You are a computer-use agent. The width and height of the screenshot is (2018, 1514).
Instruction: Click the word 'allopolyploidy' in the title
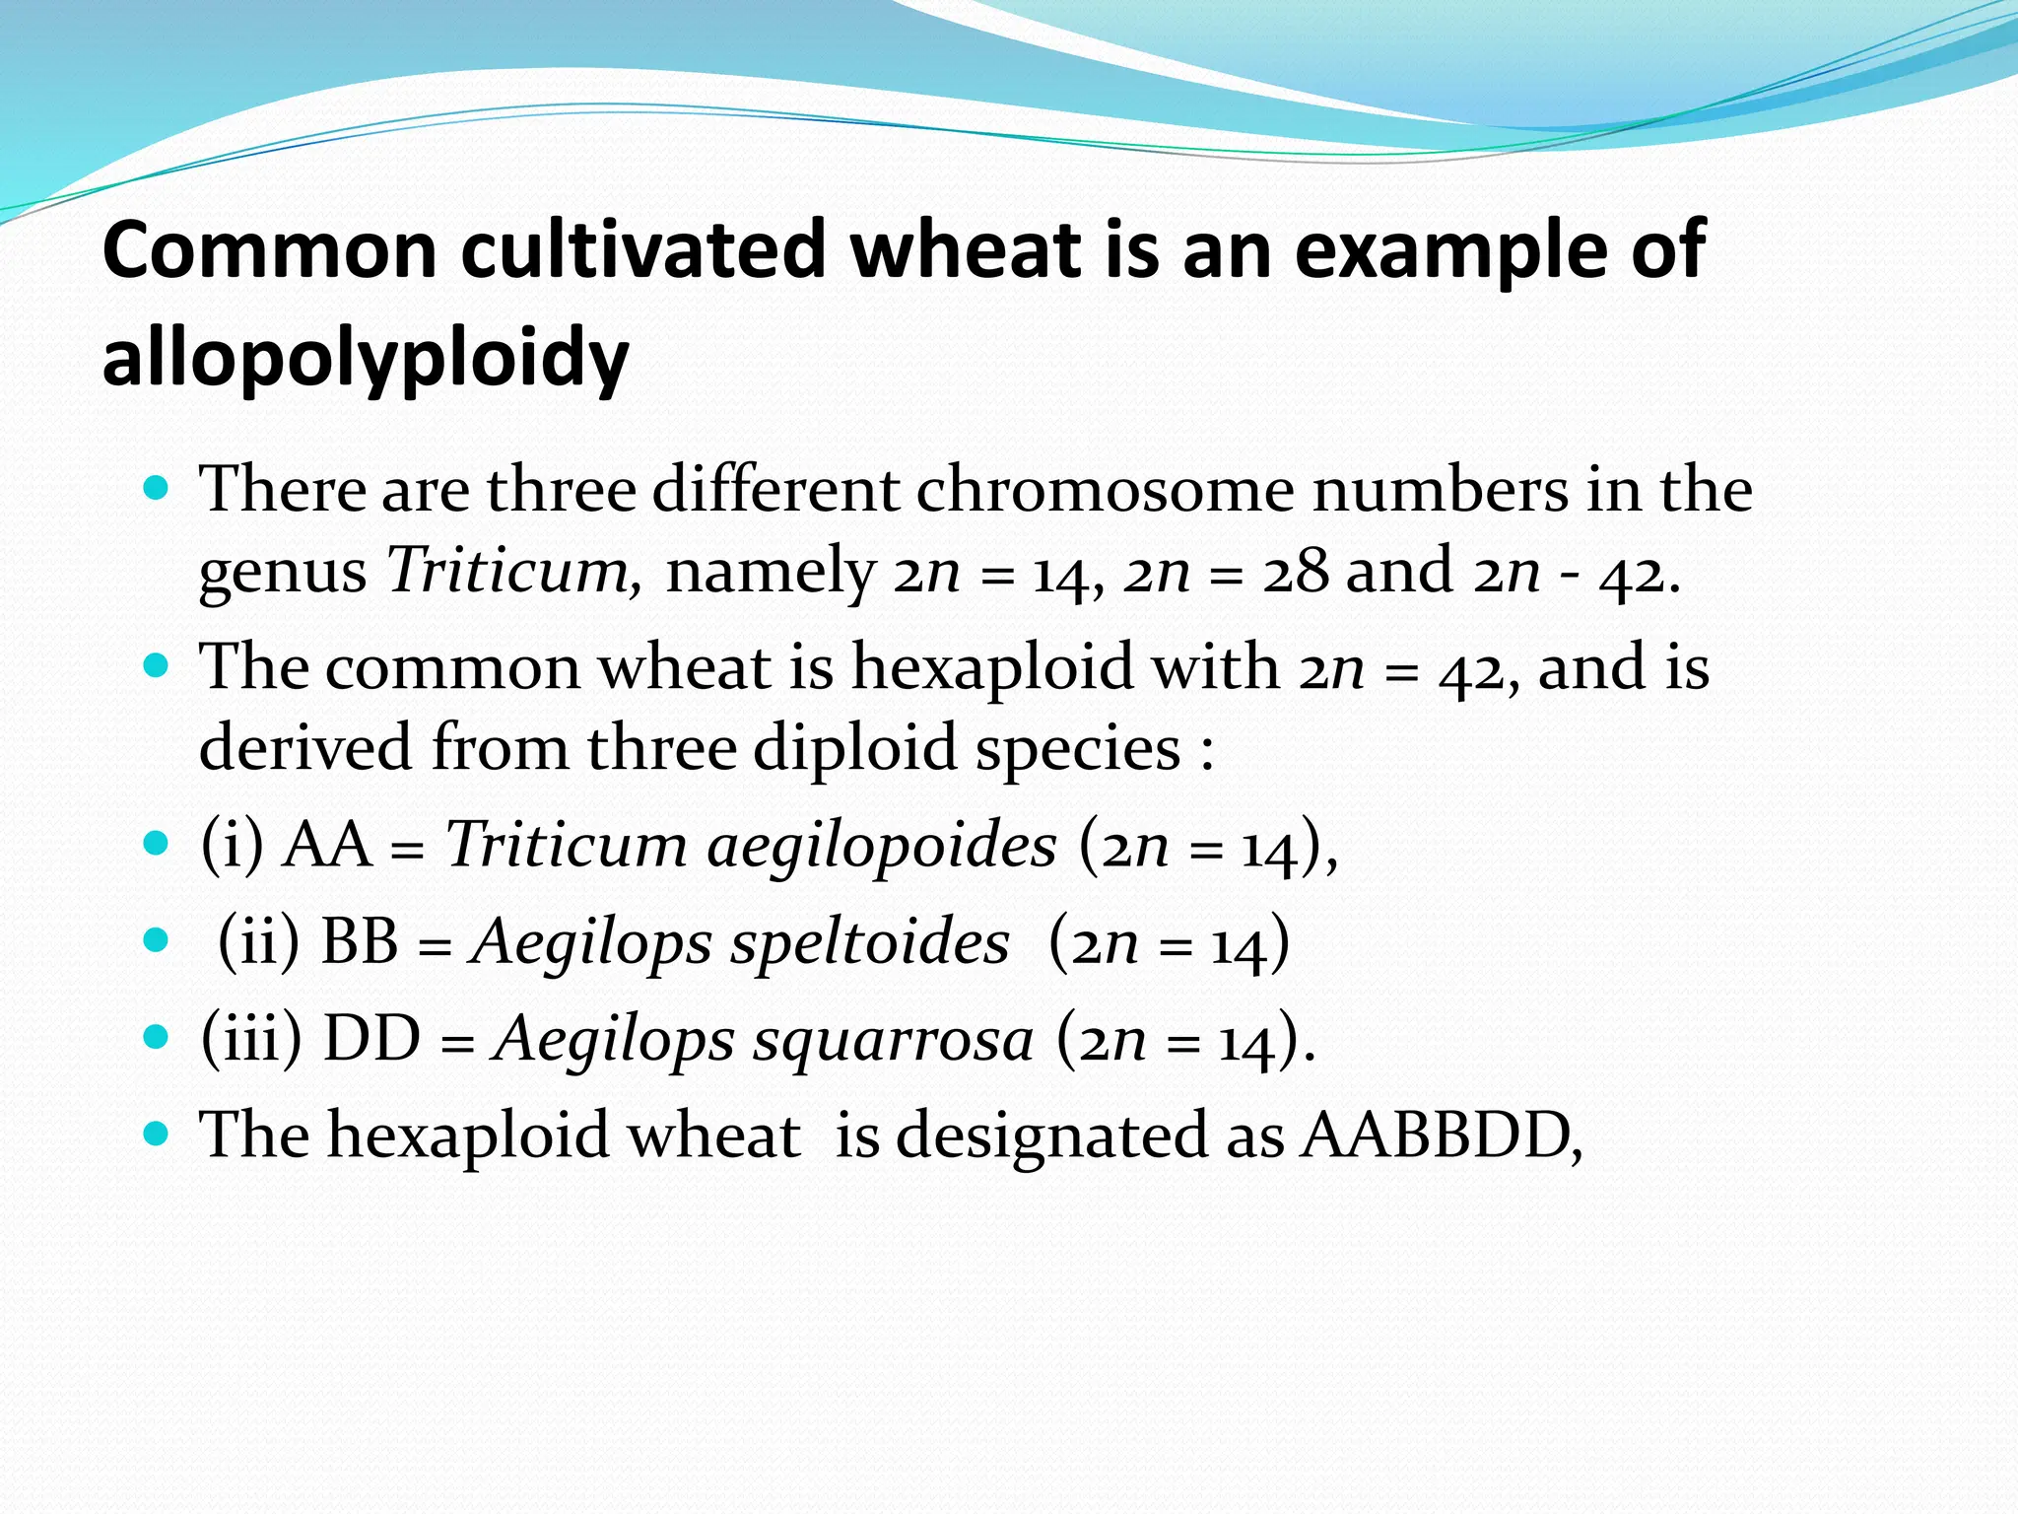point(365,359)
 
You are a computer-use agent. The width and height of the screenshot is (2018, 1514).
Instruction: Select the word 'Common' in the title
point(270,250)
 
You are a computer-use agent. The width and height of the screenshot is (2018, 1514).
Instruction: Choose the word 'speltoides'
point(870,941)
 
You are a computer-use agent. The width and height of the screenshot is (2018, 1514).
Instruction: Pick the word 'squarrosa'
point(894,1039)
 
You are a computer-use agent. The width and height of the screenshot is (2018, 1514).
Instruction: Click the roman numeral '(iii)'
point(251,1039)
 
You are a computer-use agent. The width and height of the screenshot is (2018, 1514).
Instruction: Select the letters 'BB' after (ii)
point(360,941)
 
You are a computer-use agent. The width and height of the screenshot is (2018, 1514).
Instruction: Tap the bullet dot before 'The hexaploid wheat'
point(156,1134)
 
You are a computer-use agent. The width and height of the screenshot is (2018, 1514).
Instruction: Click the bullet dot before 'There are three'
point(156,488)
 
